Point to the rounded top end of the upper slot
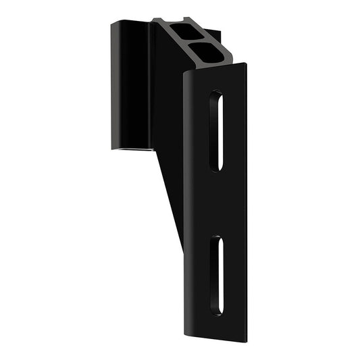point(216,94)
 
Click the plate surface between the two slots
point(215,203)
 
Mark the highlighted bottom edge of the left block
point(128,151)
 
